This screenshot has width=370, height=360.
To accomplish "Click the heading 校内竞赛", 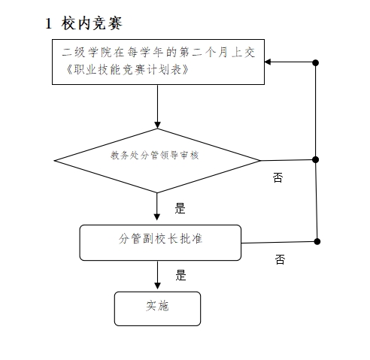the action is (x=92, y=23).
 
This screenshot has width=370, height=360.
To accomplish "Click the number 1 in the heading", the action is (x=49, y=23).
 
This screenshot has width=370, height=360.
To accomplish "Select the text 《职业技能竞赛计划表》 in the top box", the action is (x=128, y=69).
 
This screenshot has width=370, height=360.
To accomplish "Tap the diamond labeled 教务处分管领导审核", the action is (x=157, y=161).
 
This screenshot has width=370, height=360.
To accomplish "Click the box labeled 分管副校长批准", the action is (x=160, y=243).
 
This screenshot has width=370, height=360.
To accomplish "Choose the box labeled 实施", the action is (x=157, y=308).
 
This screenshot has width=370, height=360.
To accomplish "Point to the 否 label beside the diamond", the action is (x=277, y=177).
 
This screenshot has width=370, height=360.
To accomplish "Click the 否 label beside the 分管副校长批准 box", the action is (x=280, y=259).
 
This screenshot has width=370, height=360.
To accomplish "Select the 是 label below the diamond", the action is (x=180, y=208).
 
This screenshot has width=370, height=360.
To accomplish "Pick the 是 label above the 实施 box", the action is (x=180, y=275).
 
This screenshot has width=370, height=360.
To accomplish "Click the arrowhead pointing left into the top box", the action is (x=268, y=62).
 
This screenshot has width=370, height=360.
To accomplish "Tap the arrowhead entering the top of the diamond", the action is (x=157, y=125).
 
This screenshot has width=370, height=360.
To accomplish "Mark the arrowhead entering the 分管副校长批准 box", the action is (x=157, y=217).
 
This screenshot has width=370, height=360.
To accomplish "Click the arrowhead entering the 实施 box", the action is (x=157, y=286).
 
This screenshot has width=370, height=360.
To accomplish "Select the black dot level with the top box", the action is (x=316, y=62).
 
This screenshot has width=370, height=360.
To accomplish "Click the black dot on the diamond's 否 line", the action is (x=316, y=159).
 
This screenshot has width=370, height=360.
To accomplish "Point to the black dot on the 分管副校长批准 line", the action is (x=317, y=241).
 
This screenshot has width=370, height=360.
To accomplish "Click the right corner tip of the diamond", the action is (x=260, y=161).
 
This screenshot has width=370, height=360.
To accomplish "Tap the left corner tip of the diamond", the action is (x=54, y=161).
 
